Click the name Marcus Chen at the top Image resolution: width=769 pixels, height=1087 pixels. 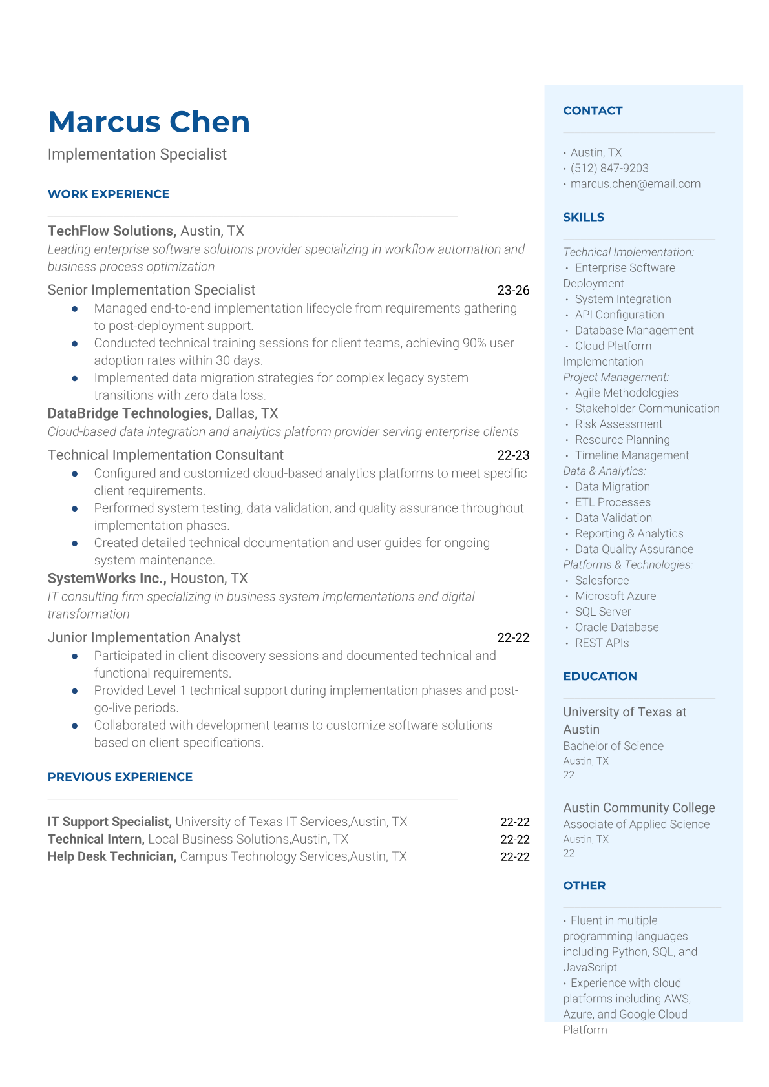[149, 122]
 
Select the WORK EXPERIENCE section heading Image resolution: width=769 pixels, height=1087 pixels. [109, 194]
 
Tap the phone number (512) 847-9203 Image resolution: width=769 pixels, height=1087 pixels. [609, 169]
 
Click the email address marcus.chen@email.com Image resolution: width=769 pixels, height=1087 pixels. [635, 184]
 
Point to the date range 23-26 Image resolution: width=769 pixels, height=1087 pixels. [513, 291]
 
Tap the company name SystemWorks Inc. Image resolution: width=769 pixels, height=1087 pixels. [107, 579]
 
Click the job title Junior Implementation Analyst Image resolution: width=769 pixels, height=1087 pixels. [144, 637]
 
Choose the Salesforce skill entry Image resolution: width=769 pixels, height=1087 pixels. [602, 581]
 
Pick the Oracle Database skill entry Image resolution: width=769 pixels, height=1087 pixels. [616, 628]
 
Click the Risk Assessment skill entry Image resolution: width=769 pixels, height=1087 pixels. [618, 424]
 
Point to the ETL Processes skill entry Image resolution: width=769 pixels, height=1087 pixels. [613, 502]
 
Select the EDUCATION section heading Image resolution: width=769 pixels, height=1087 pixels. [600, 676]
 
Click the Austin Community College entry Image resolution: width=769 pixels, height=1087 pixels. [638, 808]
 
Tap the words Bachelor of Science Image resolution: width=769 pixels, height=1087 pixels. [613, 746]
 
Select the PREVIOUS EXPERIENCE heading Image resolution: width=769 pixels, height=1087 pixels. [120, 777]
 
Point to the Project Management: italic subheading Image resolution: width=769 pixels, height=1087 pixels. [616, 377]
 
